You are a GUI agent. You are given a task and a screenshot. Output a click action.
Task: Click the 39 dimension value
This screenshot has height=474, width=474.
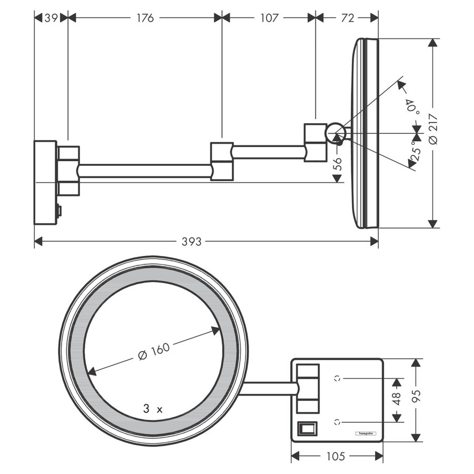pos(51,18)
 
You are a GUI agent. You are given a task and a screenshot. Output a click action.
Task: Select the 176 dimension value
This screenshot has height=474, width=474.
pos(145,18)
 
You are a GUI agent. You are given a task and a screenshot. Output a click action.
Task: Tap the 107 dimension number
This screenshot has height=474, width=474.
pos(269,18)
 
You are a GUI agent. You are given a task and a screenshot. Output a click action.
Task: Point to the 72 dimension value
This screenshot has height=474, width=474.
pos(347,18)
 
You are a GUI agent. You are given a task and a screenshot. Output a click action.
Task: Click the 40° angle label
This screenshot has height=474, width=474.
pos(409,106)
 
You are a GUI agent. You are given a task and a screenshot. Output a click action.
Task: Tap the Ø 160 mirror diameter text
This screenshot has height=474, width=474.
pos(154,350)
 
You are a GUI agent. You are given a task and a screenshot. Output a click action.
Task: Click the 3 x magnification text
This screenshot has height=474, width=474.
pos(153,408)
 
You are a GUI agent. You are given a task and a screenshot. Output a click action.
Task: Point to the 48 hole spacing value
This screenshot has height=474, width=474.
pos(398,399)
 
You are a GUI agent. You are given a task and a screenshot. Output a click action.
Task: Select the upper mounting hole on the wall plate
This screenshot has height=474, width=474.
pos(338,378)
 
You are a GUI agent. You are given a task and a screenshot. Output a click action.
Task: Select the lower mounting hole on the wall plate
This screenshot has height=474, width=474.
pos(338,421)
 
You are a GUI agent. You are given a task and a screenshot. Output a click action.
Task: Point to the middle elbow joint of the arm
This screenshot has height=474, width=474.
pos(222,161)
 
